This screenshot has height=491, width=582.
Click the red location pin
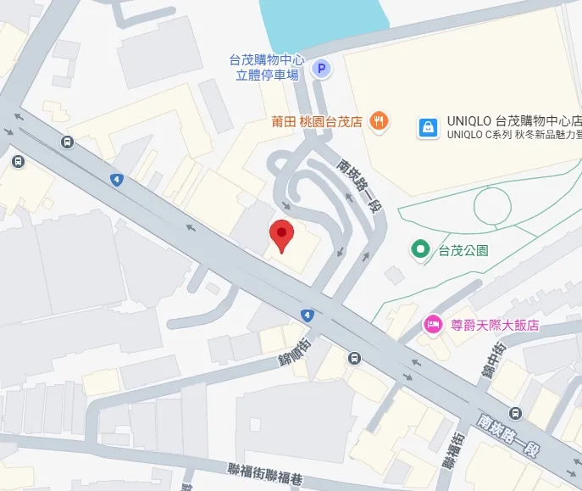280,235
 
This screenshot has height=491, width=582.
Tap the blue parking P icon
320,69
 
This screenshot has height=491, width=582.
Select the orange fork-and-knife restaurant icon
379,121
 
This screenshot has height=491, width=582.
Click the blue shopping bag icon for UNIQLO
428,128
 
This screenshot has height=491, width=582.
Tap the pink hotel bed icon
433,325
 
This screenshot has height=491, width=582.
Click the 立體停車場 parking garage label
267,75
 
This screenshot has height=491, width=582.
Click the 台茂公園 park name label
463,250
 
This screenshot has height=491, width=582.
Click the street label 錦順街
296,349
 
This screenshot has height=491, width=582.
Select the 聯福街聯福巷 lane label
265,473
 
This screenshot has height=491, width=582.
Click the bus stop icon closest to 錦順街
353,357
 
